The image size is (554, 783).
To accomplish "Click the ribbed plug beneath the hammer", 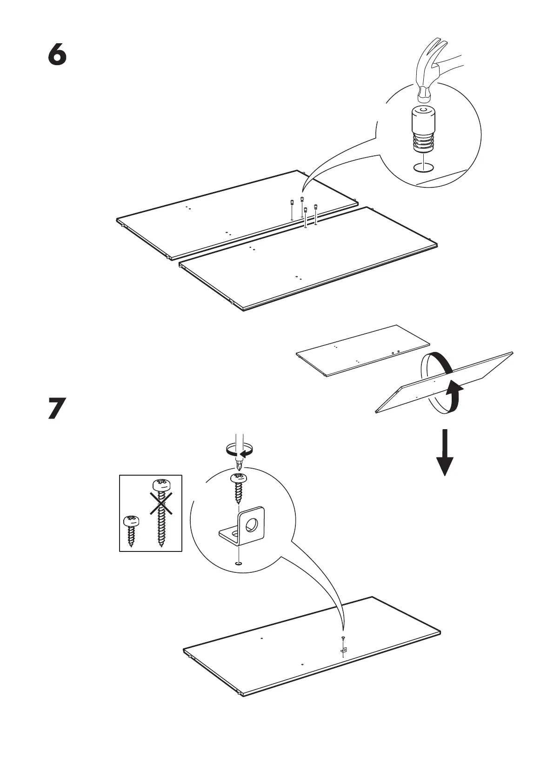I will [x=422, y=130].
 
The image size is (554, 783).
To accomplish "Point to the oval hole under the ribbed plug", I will [x=423, y=167].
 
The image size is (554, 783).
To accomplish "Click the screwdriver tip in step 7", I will [x=239, y=465].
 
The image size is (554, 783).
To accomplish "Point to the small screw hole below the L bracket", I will [x=239, y=564].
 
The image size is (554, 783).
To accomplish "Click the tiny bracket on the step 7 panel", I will [x=344, y=650].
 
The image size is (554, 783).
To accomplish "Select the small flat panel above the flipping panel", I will [x=363, y=350].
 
